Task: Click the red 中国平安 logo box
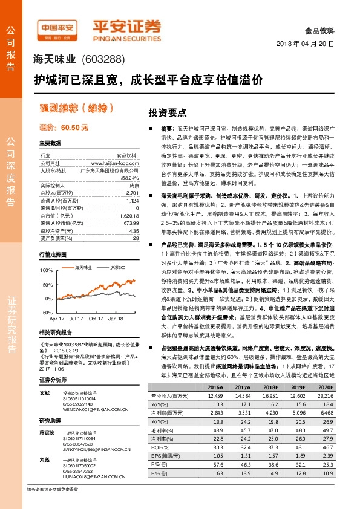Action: (56, 27)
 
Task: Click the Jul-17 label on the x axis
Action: (76, 318)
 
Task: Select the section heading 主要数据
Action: (50, 143)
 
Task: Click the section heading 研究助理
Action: (50, 420)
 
